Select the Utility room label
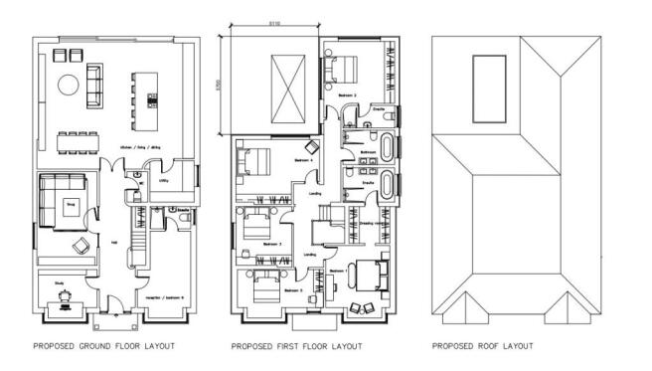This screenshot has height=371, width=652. [163, 181]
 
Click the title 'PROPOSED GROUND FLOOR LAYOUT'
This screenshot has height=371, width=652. [103, 347]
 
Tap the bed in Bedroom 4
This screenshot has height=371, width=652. [255, 158]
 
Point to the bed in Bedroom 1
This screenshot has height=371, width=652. [367, 273]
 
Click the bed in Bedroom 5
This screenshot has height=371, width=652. [267, 285]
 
